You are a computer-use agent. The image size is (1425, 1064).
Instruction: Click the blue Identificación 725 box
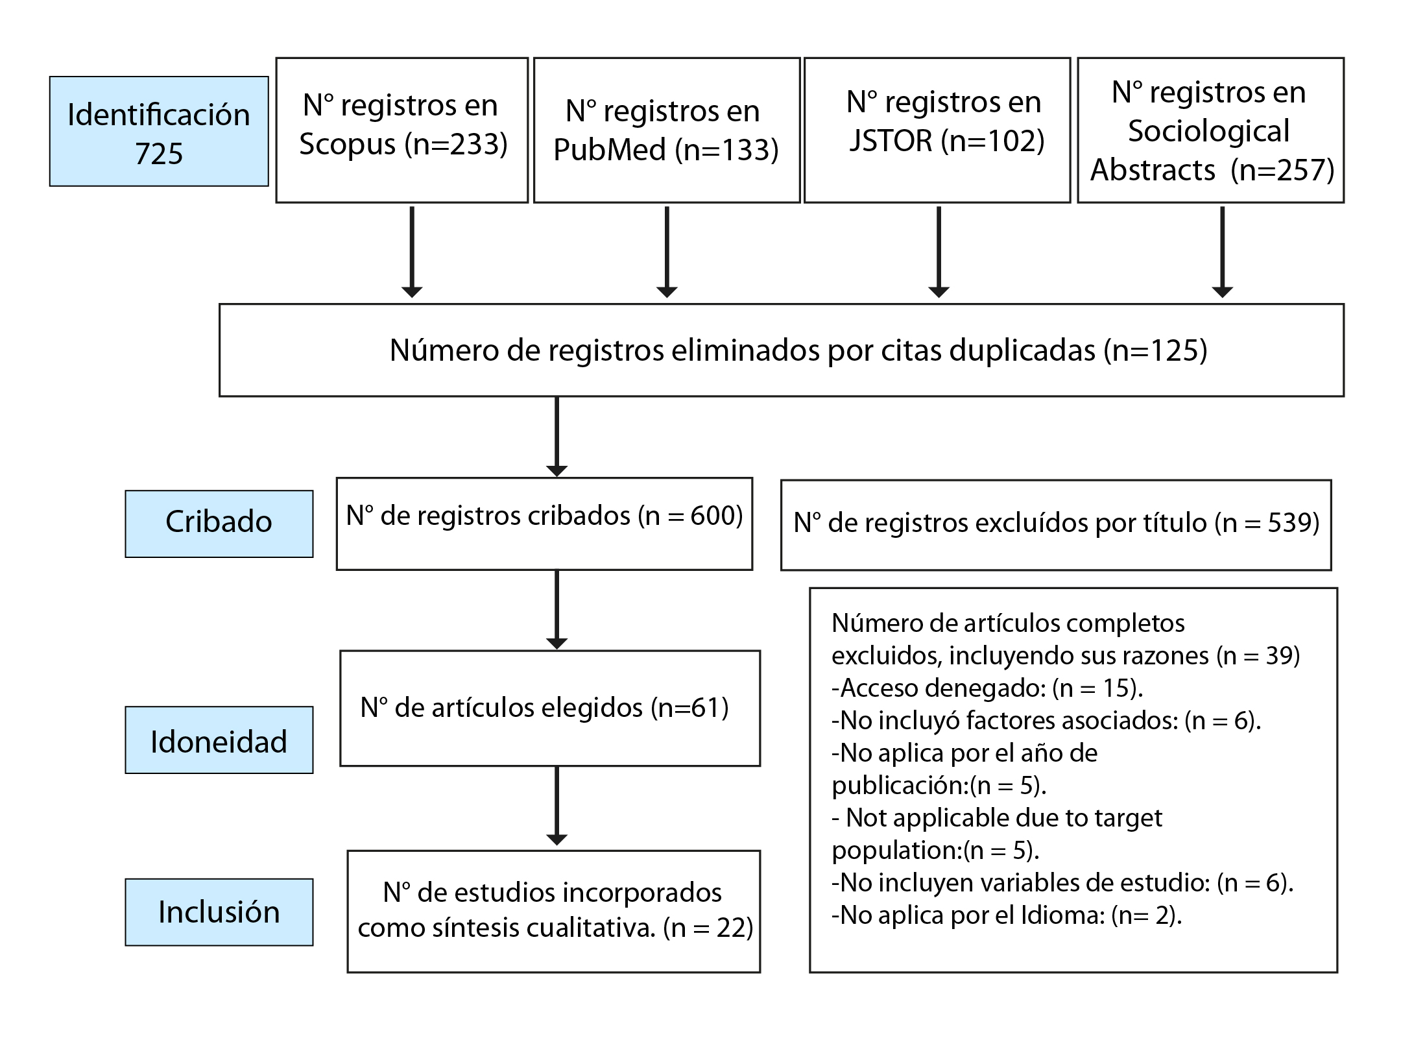159,131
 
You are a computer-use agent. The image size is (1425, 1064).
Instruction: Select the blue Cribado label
219,524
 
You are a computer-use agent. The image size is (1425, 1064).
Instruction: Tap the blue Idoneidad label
219,740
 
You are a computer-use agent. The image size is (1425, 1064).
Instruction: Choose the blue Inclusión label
219,912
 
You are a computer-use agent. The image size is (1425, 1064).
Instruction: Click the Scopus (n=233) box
402,130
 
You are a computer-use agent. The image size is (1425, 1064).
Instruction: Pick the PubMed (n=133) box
667,130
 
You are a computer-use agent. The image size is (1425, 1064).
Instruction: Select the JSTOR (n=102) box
937,130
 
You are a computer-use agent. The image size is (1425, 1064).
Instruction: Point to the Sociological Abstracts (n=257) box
1211,130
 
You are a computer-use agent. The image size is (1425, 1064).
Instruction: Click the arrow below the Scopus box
412,252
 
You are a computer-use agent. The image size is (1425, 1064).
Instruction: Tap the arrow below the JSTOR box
939,252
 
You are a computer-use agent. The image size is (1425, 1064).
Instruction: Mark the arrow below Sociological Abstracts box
1222,252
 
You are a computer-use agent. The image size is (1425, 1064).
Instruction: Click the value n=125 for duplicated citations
1155,350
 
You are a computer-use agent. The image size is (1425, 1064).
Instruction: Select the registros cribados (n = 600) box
544,524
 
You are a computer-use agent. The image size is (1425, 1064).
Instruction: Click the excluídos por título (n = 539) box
1056,525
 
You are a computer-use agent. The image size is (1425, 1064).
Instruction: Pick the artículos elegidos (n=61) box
550,708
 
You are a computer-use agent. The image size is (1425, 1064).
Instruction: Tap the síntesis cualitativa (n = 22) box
554,912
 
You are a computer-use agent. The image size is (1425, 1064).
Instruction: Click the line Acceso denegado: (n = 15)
987,688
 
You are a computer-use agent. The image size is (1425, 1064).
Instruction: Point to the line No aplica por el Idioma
1007,915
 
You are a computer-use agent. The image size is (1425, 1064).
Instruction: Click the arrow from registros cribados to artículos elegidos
557,610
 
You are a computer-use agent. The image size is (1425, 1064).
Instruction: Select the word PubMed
610,150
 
